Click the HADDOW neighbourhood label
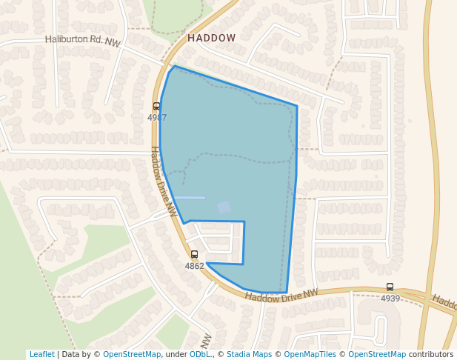211,38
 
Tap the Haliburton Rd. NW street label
82,41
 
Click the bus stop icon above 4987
156,107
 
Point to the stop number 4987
157,118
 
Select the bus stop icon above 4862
194,255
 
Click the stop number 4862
194,266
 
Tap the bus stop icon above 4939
390,287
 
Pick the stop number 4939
390,299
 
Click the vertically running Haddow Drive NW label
164,181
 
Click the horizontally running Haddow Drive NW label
281,296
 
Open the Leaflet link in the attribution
42,354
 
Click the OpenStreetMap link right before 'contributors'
377,354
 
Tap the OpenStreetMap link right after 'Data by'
132,354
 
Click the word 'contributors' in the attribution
431,354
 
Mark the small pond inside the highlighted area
224,208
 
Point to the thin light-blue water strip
190,197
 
